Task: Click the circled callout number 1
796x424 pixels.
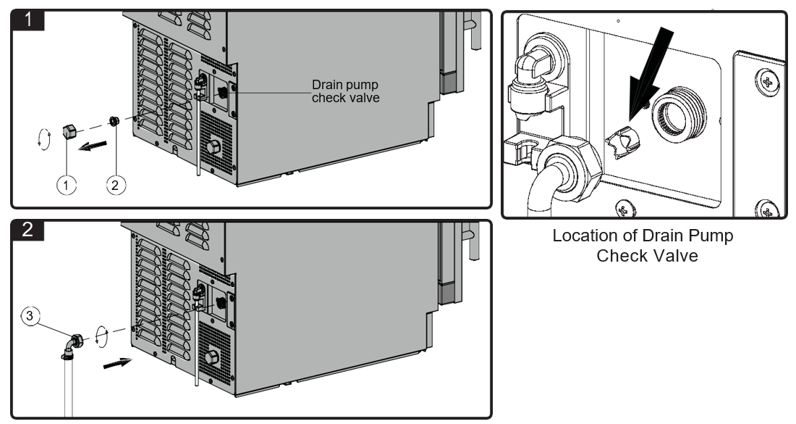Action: (x=66, y=185)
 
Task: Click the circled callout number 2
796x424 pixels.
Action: (x=115, y=185)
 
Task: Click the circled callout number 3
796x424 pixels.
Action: (x=30, y=316)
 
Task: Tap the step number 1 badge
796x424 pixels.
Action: (x=28, y=20)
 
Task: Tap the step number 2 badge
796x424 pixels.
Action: (x=28, y=230)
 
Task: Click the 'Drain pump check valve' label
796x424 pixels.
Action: (x=345, y=91)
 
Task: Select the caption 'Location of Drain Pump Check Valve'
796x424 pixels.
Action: (x=643, y=245)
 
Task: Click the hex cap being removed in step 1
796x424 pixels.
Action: (x=68, y=132)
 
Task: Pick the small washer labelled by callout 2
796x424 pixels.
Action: (x=114, y=121)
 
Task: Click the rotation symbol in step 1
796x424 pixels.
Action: (x=45, y=139)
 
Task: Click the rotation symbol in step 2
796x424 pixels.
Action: (x=102, y=337)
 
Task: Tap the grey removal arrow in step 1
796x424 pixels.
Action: (x=93, y=146)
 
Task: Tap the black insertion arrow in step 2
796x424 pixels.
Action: (x=118, y=363)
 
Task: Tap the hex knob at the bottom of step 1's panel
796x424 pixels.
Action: (x=213, y=147)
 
